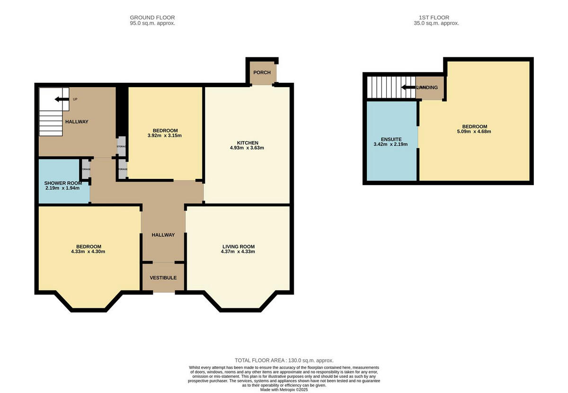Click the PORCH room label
point(262,72)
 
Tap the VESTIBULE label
point(163,277)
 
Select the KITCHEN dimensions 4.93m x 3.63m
point(247,148)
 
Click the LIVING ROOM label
point(239,246)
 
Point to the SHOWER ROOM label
point(62,183)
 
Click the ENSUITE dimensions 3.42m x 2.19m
point(390,144)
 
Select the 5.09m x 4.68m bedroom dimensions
point(474,132)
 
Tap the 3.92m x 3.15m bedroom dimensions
point(165,135)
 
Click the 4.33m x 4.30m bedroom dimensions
point(89,251)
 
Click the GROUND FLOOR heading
point(152,18)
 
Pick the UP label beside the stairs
point(75,99)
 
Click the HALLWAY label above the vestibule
point(163,235)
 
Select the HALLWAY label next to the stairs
point(77,122)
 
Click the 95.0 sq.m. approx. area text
point(152,23)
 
